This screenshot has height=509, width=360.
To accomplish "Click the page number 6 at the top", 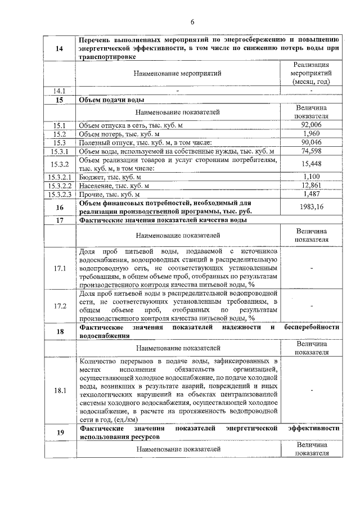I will pyautogui.click(x=192, y=22).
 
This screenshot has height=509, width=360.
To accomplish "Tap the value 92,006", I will pyautogui.click(x=310, y=125).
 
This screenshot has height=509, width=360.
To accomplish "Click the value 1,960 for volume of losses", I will pyautogui.click(x=310, y=134).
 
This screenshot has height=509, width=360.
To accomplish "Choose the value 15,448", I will pyautogui.click(x=310, y=164).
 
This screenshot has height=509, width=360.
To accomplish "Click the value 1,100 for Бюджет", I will pyautogui.click(x=310, y=177).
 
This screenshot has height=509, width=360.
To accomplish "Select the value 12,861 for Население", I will pyautogui.click(x=310, y=185).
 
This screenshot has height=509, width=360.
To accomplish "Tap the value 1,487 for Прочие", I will pyautogui.click(x=310, y=194).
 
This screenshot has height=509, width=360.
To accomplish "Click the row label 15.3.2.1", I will pyautogui.click(x=60, y=177).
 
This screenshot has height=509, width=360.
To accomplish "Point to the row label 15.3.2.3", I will pyautogui.click(x=60, y=194).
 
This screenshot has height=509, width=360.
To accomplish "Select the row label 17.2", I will pyautogui.click(x=60, y=306).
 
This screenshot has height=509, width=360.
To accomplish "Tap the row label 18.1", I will pyautogui.click(x=60, y=390).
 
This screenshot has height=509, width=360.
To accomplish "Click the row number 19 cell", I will pyautogui.click(x=60, y=432).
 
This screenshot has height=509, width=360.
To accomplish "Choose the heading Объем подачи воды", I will pyautogui.click(x=112, y=100).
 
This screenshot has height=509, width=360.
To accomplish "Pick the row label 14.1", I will pyautogui.click(x=60, y=91).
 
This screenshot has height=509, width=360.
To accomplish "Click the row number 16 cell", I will pyautogui.click(x=60, y=207).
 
